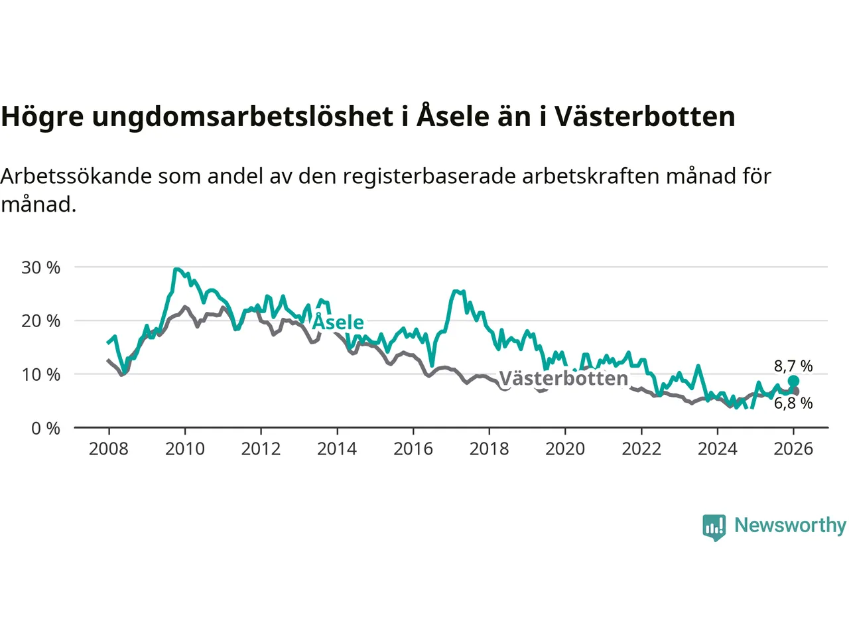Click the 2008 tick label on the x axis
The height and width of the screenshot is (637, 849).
tap(109, 449)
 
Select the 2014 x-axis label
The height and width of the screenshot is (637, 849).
tap(337, 449)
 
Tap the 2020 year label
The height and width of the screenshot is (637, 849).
tap(565, 449)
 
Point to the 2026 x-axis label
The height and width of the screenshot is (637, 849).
tap(793, 449)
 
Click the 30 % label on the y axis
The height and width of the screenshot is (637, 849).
tap(41, 268)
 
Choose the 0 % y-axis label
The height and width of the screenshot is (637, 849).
tap(46, 429)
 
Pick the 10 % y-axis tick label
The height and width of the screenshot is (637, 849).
tap(41, 375)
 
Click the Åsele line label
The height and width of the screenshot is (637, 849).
tap(338, 322)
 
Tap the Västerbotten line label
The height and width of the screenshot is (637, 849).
tap(563, 379)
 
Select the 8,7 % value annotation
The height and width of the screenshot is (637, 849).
tap(793, 366)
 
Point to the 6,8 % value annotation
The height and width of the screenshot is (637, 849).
tap(793, 403)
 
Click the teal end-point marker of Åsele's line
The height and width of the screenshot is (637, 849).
tap(793, 381)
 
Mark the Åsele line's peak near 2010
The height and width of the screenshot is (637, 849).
tap(176, 269)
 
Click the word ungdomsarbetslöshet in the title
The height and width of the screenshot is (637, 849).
tap(243, 117)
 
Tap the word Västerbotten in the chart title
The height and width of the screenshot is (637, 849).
tap(645, 117)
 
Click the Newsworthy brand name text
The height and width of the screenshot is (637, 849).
tap(790, 526)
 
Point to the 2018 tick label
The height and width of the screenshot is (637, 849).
tap(489, 449)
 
